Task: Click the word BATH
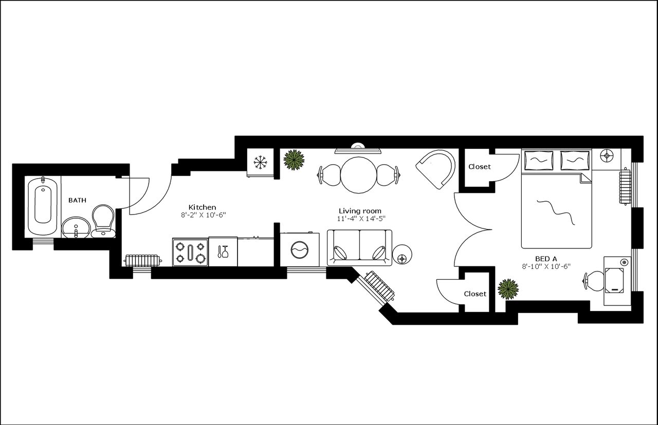(78, 200)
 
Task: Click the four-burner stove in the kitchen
(190, 252)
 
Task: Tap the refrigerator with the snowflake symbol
(261, 163)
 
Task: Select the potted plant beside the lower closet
(508, 289)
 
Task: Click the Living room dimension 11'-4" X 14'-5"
(359, 218)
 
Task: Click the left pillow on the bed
(538, 160)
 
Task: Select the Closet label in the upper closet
(479, 167)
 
